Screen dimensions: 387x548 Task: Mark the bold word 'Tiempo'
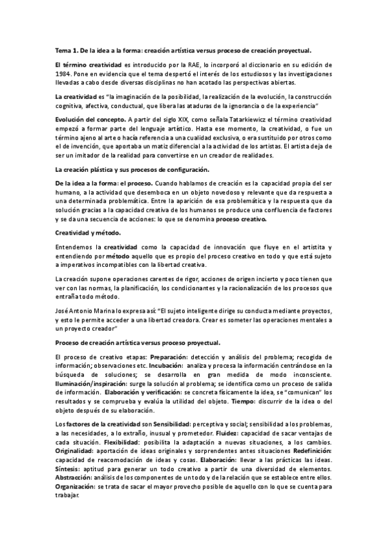(298, 399)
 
